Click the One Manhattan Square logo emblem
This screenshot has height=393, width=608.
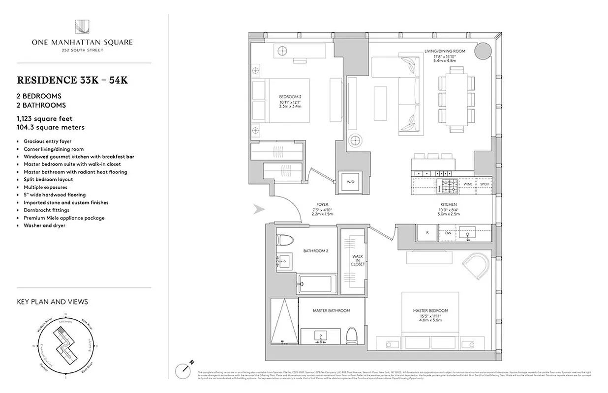[x=82, y=27]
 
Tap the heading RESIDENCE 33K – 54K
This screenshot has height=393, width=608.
[x=72, y=81]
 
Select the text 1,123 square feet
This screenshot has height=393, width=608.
[x=47, y=118]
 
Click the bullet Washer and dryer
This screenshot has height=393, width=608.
[x=44, y=225]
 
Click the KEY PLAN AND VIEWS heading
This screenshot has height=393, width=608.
[x=52, y=302]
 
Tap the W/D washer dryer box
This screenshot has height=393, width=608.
[x=350, y=182]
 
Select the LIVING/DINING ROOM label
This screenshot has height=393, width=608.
[x=445, y=51]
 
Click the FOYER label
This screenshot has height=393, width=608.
[x=322, y=204]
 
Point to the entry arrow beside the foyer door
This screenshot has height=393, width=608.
[x=259, y=210]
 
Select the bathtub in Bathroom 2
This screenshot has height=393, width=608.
[x=317, y=283]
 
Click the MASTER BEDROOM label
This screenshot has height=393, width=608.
[x=430, y=311]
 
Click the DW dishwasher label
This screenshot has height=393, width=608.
[x=448, y=233]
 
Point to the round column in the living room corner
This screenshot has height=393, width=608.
[x=483, y=50]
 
